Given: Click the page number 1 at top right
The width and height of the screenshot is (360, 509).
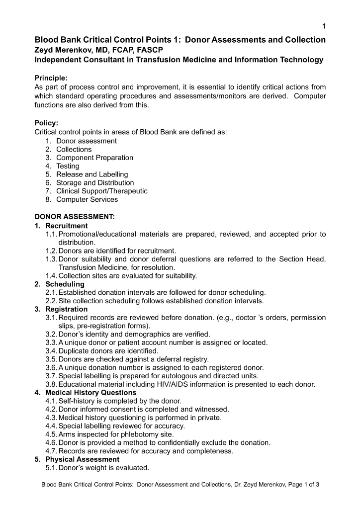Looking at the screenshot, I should (x=324, y=26).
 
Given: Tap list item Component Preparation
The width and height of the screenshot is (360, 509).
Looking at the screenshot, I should (x=94, y=158).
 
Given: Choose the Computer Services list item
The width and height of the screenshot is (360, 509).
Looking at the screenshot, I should (x=87, y=199).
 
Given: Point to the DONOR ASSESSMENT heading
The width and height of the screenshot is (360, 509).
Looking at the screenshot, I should (x=75, y=217).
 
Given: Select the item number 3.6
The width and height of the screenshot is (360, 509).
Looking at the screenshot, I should (x=51, y=368).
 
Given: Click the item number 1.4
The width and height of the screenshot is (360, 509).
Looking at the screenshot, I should (x=51, y=275).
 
